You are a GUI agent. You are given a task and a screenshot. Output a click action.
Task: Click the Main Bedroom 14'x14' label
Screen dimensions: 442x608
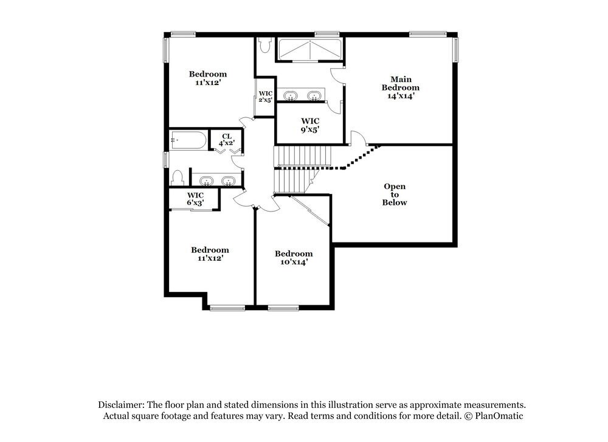(401, 88)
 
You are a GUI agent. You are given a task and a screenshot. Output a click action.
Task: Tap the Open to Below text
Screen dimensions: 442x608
(394, 195)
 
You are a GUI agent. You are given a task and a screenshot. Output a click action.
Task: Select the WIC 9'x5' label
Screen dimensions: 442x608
(310, 125)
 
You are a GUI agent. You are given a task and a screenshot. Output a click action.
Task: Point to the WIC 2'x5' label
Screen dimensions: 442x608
(265, 97)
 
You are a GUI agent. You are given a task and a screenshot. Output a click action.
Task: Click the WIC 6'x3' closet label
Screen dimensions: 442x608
(195, 199)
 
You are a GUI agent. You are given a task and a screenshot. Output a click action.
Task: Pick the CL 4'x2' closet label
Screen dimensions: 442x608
(226, 140)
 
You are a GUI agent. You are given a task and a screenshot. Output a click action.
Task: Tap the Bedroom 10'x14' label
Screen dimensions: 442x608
(294, 258)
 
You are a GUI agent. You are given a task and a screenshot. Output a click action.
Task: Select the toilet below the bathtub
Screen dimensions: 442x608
(178, 178)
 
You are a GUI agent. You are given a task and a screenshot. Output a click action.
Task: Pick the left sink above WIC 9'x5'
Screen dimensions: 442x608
(291, 95)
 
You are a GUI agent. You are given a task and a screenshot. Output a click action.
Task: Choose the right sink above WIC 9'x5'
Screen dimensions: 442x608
(314, 95)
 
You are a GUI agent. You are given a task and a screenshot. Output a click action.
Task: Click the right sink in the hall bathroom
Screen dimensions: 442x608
(228, 181)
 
